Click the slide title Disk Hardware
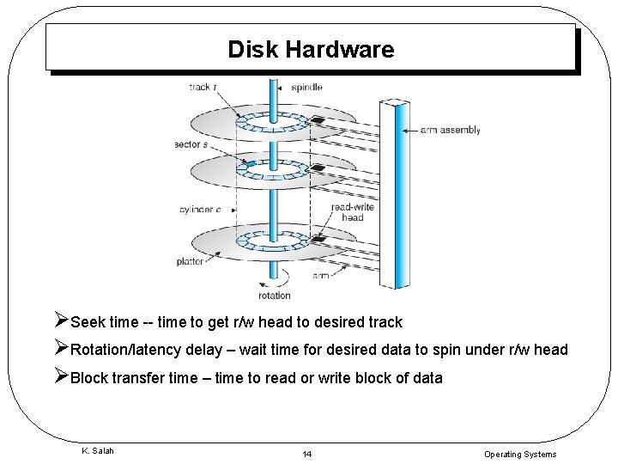[x=311, y=49]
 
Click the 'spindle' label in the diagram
[x=307, y=88]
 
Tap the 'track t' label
[x=203, y=88]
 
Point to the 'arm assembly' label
[x=450, y=131]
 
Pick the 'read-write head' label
[x=348, y=212]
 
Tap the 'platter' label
[x=190, y=261]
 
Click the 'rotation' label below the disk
[x=274, y=296]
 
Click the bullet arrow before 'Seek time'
[x=60, y=322]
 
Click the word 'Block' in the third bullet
[x=90, y=377]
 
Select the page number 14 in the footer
[x=306, y=454]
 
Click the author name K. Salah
[x=97, y=451]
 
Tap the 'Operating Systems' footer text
[x=519, y=454]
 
